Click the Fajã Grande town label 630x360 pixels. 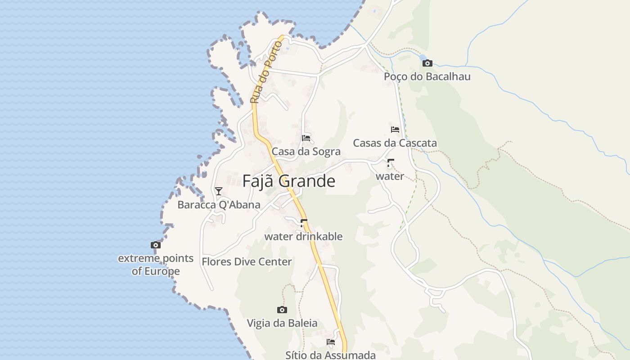(x=288, y=181)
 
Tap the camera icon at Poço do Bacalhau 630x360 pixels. (x=427, y=63)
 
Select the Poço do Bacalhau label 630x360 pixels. (x=427, y=76)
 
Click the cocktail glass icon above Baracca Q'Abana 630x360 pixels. (x=219, y=191)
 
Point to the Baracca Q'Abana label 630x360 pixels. (x=219, y=205)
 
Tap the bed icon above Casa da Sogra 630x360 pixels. (x=306, y=137)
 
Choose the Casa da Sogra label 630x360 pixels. (x=306, y=152)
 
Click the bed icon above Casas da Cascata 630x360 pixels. (x=395, y=130)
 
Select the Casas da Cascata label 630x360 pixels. (x=395, y=143)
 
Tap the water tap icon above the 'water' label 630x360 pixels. (x=390, y=163)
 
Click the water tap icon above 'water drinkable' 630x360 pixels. (x=303, y=223)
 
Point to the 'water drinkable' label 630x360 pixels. (x=303, y=236)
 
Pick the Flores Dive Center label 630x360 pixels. (x=247, y=261)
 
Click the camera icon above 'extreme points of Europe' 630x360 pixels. (x=156, y=245)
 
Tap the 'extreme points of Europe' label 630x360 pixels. (x=156, y=265)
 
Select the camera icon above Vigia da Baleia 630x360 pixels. (x=282, y=310)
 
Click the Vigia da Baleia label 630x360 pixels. (x=282, y=323)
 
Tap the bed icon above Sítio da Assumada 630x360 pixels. (x=331, y=342)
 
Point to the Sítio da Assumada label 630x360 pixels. (x=330, y=355)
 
